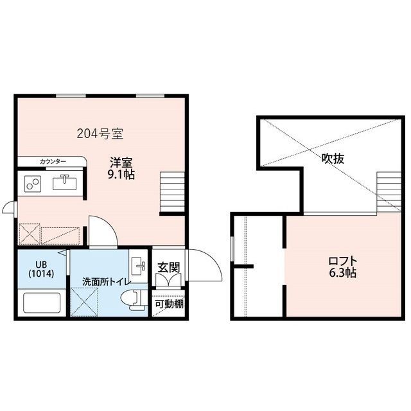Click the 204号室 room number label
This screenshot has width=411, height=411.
click(101, 134)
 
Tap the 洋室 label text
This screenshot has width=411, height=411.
click(121, 163)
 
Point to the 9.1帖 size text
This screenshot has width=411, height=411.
click(121, 175)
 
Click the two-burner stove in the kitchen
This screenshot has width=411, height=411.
click(33, 184)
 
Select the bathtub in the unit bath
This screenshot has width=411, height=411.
click(42, 302)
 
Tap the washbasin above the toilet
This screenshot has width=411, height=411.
click(138, 265)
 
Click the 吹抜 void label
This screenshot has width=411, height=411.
click(333, 159)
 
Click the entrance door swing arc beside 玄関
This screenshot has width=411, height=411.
click(202, 263)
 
